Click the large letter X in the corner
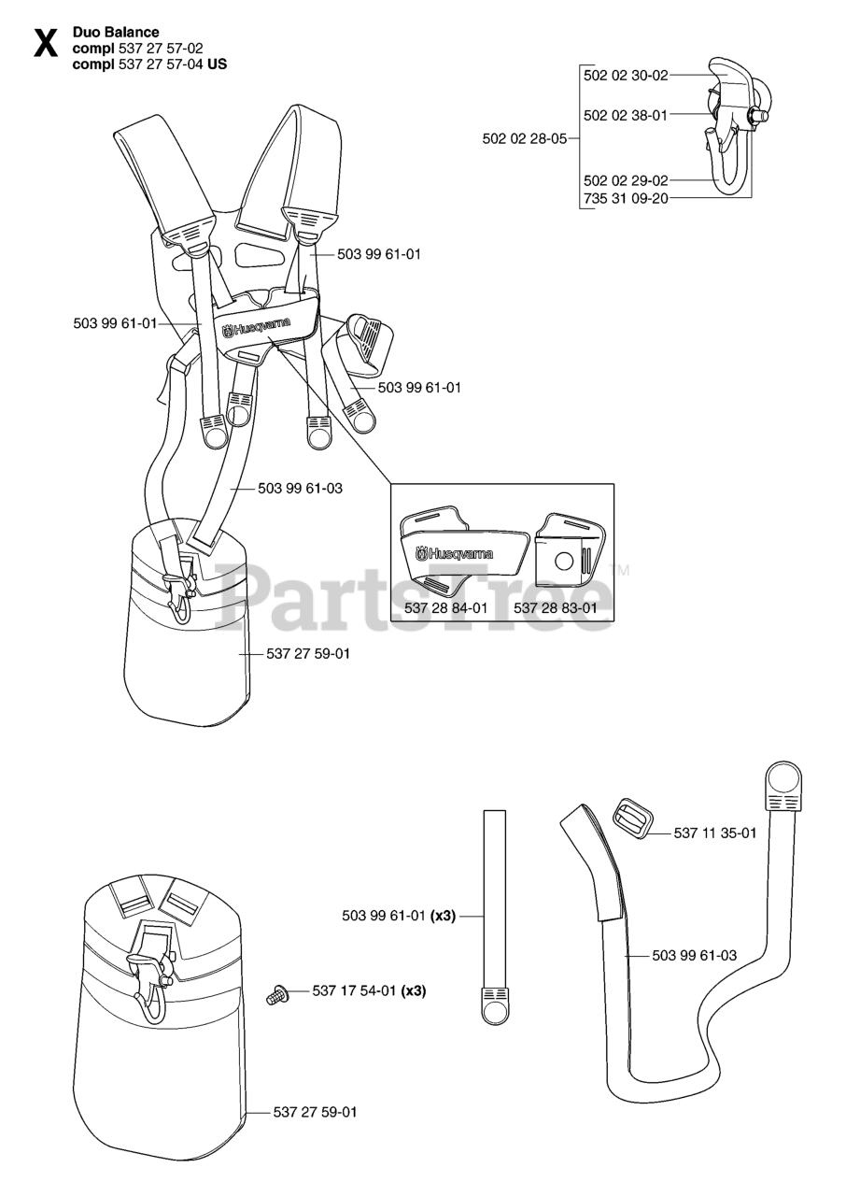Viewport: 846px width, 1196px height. tap(45, 43)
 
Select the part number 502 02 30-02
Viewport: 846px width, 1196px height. tap(626, 75)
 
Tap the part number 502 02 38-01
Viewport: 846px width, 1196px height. tap(626, 116)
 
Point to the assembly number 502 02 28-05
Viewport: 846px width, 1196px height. tap(525, 138)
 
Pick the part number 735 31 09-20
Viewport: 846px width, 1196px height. tap(626, 198)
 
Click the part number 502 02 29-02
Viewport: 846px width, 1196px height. tap(626, 179)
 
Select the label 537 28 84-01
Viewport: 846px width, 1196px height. tap(446, 607)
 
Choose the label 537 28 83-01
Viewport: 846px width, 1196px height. tap(556, 607)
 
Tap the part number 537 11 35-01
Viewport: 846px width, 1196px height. tap(715, 833)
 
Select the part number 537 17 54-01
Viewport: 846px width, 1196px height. tap(354, 991)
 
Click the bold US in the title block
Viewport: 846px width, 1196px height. tap(217, 64)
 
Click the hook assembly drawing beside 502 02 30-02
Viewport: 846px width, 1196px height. tap(733, 126)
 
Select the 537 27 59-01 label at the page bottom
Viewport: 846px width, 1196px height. tap(315, 1112)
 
